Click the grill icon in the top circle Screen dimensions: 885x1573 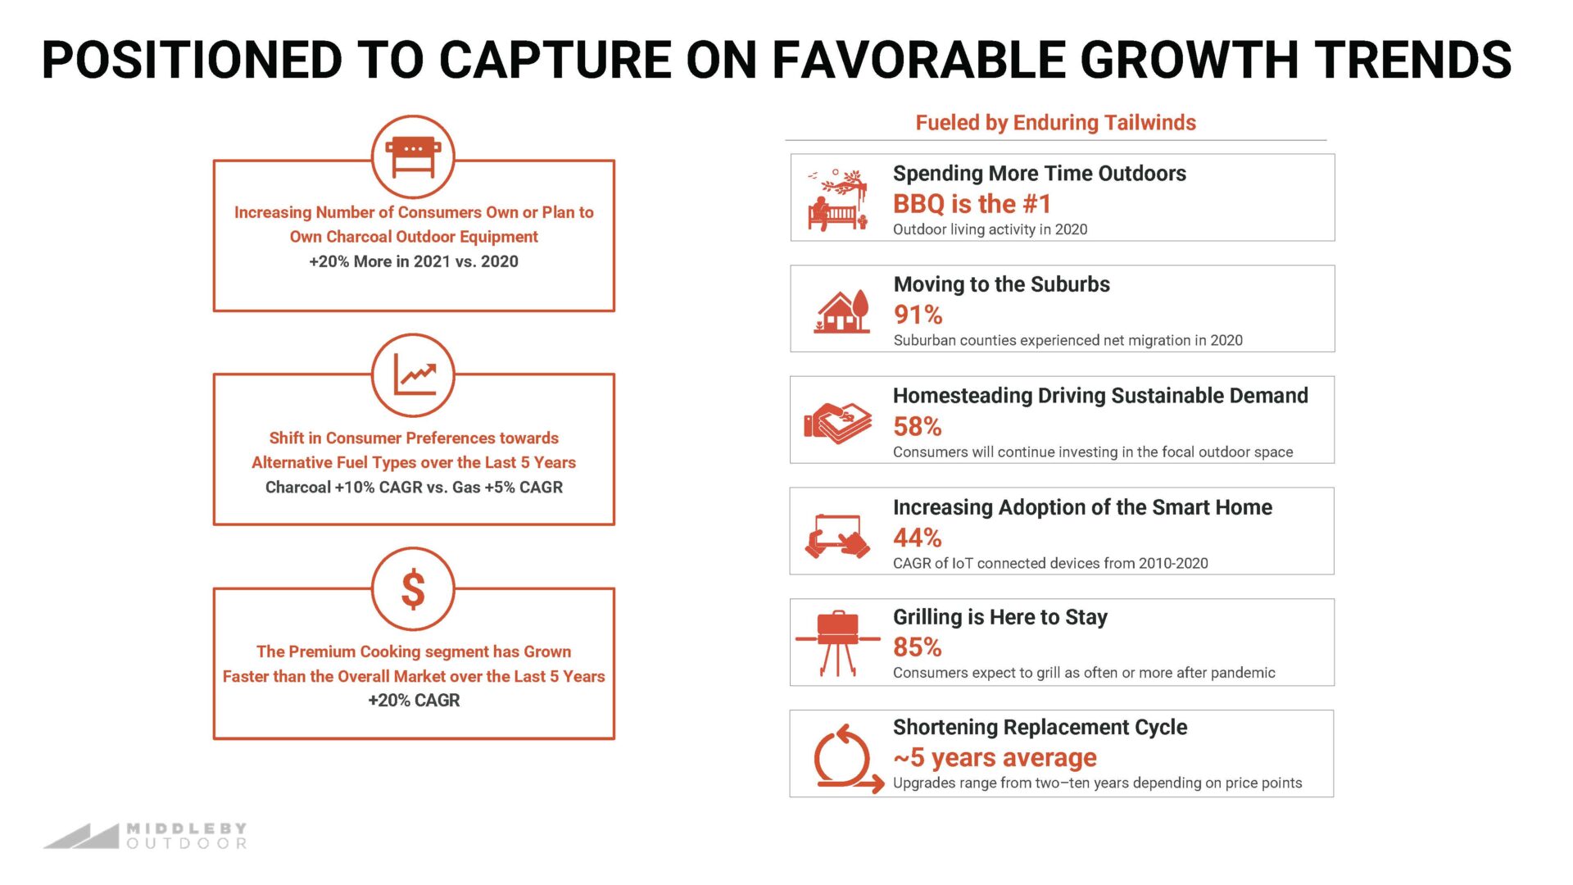point(413,156)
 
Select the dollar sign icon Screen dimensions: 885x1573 point(413,589)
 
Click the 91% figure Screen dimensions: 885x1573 point(918,315)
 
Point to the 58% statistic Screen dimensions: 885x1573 point(917,426)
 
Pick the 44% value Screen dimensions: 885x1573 point(917,538)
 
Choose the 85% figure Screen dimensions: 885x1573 point(917,647)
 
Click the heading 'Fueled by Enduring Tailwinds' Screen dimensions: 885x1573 point(1055,123)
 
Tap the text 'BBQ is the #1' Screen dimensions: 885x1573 point(972,203)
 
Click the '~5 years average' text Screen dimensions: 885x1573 point(995,758)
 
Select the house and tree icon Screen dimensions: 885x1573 point(841,311)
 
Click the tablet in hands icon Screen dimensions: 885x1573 point(837,537)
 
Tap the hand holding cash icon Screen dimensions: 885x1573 point(837,423)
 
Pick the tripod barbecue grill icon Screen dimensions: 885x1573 point(837,643)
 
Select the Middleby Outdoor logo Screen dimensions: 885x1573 point(146,836)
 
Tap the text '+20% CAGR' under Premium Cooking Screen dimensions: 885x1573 point(414,701)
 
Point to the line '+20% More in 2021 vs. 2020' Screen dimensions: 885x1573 point(414,261)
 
